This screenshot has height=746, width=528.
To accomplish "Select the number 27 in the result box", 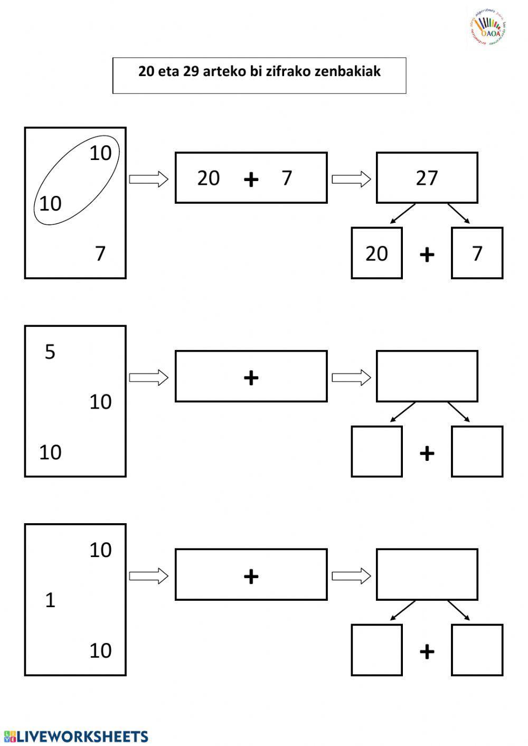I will pos(427,178).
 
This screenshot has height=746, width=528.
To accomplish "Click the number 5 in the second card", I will pos(50,352).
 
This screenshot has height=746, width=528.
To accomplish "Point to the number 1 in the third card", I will pos(50,600).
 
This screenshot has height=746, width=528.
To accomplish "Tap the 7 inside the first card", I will pos(100,254).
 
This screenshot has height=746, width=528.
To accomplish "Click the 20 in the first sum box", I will pos(209,178).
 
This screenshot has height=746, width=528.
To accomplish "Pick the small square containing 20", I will pos(376,253).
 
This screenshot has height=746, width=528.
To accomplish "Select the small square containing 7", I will pos(477,253).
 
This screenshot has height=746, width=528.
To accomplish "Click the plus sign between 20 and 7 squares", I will pos(427,255).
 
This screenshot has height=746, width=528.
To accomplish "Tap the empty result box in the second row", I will pos(427,376).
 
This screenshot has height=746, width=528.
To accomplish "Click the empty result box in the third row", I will pos(427,574).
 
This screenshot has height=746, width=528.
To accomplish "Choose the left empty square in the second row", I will pos(376,452).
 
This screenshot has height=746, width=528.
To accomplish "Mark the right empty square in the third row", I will pos(477,650).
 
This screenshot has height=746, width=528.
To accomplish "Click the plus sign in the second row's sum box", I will pos(251,377).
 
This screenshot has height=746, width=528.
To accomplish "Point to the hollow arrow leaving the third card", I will pos(148,576).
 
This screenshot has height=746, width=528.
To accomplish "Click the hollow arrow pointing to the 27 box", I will pos(351,179).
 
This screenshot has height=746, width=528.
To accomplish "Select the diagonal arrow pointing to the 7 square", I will pos(459,213).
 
